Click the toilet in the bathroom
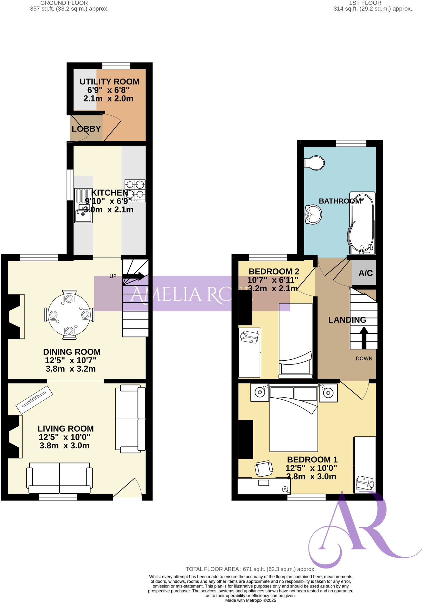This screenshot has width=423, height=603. (x=315, y=163)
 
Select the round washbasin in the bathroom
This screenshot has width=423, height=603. (x=313, y=214)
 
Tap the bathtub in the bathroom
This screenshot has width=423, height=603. (x=362, y=222)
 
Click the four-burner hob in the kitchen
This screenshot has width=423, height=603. (x=135, y=190)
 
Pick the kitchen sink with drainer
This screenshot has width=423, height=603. (x=83, y=206)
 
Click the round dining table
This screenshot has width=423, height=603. (x=69, y=315)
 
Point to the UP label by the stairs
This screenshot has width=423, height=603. (x=113, y=276)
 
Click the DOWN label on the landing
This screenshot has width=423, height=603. (x=364, y=358)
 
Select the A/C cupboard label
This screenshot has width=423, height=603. (x=366, y=273)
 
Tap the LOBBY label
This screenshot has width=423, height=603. (x=86, y=129)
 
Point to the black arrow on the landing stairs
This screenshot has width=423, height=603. (x=364, y=337)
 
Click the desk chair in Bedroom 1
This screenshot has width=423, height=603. (x=264, y=469)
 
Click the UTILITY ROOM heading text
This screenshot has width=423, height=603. (x=109, y=82)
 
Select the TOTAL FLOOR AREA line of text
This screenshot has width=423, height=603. (x=250, y=569)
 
